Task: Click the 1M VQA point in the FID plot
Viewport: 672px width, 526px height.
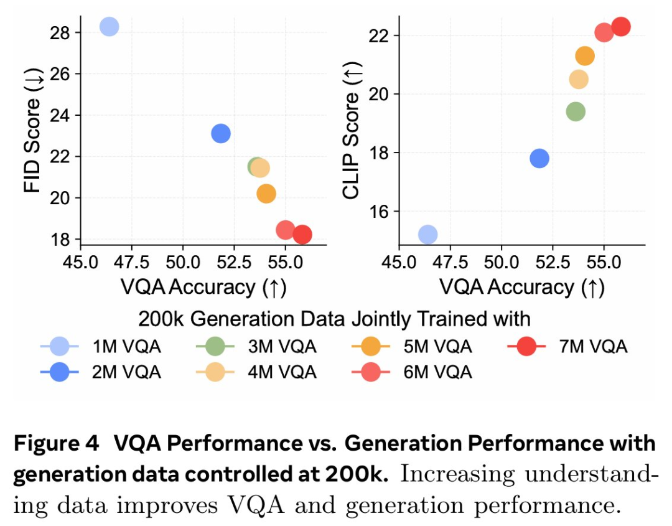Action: pyautogui.click(x=109, y=27)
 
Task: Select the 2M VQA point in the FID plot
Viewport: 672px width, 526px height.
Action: pyautogui.click(x=221, y=133)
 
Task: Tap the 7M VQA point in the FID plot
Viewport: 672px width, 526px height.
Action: pyautogui.click(x=302, y=235)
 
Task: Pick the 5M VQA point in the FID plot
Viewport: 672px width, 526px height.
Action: pyautogui.click(x=266, y=194)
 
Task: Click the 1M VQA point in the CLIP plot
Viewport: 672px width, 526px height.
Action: pyautogui.click(x=427, y=234)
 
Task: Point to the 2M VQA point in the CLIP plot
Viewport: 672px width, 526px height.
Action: pyautogui.click(x=539, y=158)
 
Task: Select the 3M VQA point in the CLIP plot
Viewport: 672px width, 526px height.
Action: pyautogui.click(x=576, y=111)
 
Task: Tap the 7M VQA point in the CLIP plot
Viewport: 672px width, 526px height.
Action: pyautogui.click(x=620, y=26)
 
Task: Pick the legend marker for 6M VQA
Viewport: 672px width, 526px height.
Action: pyautogui.click(x=371, y=372)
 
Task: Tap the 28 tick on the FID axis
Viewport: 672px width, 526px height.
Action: pyautogui.click(x=59, y=32)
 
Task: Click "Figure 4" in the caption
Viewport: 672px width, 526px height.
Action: pyautogui.click(x=56, y=444)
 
